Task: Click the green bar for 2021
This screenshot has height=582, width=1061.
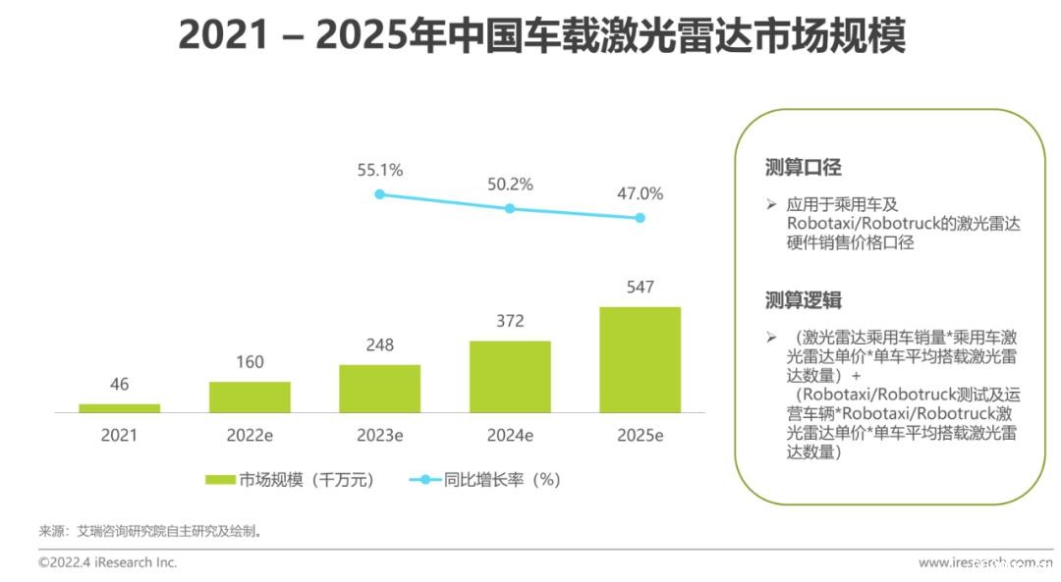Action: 120,407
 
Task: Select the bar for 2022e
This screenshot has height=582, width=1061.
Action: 250,397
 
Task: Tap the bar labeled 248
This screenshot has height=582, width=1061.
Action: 379,388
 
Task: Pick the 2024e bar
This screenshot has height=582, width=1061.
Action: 510,376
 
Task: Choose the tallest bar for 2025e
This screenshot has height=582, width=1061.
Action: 640,359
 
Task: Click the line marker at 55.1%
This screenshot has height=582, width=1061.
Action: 380,194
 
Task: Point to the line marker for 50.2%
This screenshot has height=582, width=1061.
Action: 510,208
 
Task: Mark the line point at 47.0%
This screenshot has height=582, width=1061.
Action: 640,218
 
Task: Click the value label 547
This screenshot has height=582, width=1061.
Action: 640,288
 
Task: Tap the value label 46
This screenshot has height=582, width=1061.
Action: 120,385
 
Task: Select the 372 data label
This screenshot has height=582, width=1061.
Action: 510,321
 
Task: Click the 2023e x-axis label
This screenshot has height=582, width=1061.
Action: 380,435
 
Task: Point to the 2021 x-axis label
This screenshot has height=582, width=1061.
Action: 120,435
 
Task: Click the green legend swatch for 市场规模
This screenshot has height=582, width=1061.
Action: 220,480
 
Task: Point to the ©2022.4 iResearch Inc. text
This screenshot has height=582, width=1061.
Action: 108,562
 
